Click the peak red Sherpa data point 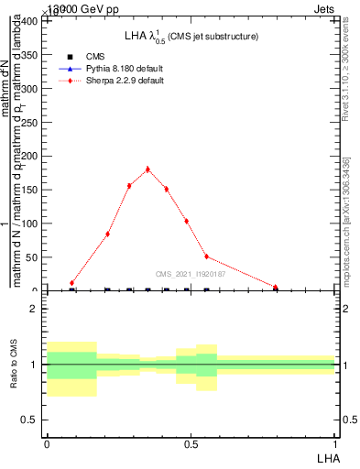pos(147,169)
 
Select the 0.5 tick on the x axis pos(191,444)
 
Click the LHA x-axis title pos(327,457)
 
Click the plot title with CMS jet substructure pos(191,37)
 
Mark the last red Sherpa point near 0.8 pos(275,287)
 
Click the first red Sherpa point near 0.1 pos(71,283)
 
